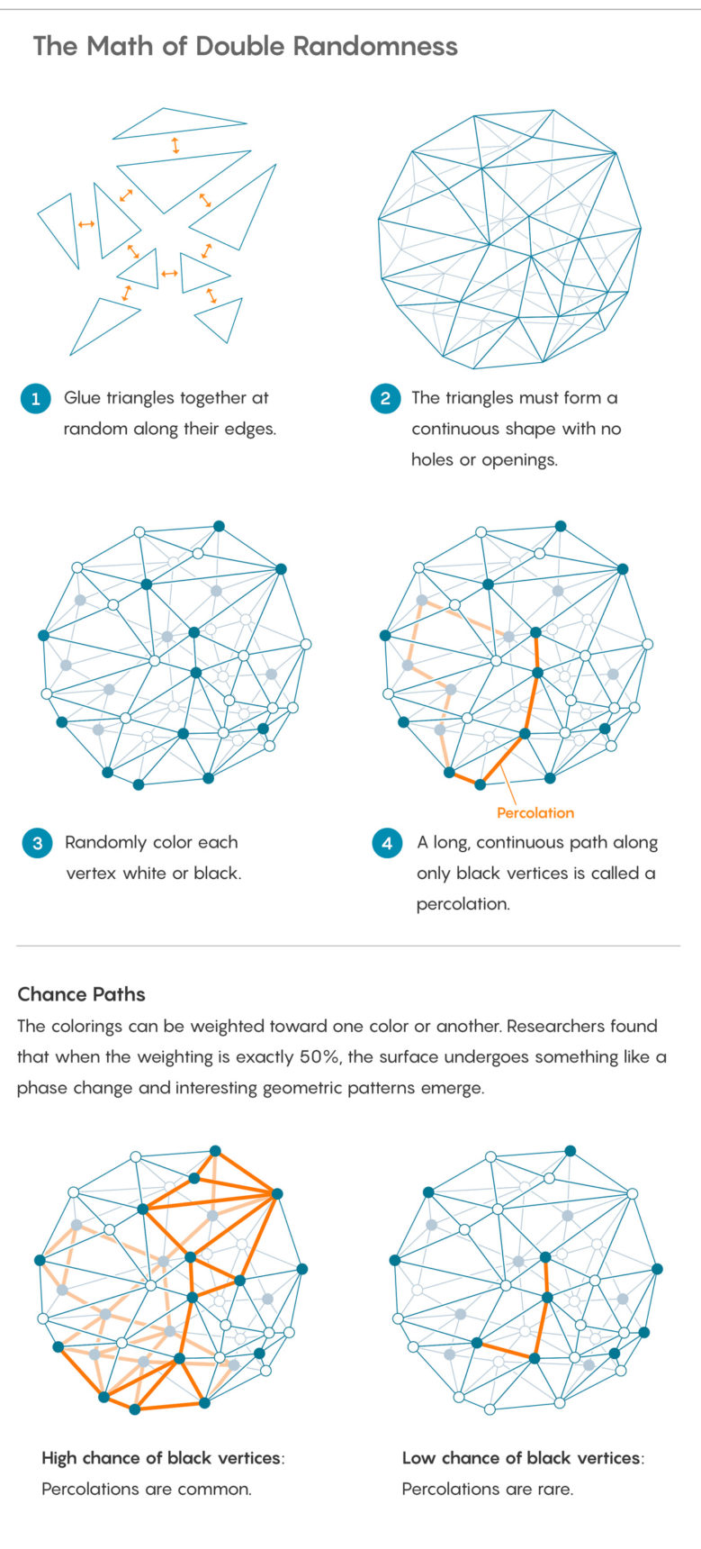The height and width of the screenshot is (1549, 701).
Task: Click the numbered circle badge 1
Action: coord(35,398)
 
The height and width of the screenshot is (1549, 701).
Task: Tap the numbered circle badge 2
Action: coord(385,398)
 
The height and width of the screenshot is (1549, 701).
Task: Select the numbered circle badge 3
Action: coord(37,843)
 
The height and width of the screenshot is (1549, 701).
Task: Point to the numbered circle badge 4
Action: coord(387,843)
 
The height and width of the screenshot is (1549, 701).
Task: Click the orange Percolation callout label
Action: coord(535,812)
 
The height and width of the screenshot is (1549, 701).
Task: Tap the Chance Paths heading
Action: coord(82,994)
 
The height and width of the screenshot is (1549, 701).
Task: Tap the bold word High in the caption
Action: coord(59,1458)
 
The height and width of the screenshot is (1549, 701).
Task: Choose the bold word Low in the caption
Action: coord(418,1458)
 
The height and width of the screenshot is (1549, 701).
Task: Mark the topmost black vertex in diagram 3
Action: coord(219,526)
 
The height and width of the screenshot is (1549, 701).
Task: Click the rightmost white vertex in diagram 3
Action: coord(306,644)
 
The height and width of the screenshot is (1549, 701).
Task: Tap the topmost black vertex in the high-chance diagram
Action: coord(215,1151)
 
